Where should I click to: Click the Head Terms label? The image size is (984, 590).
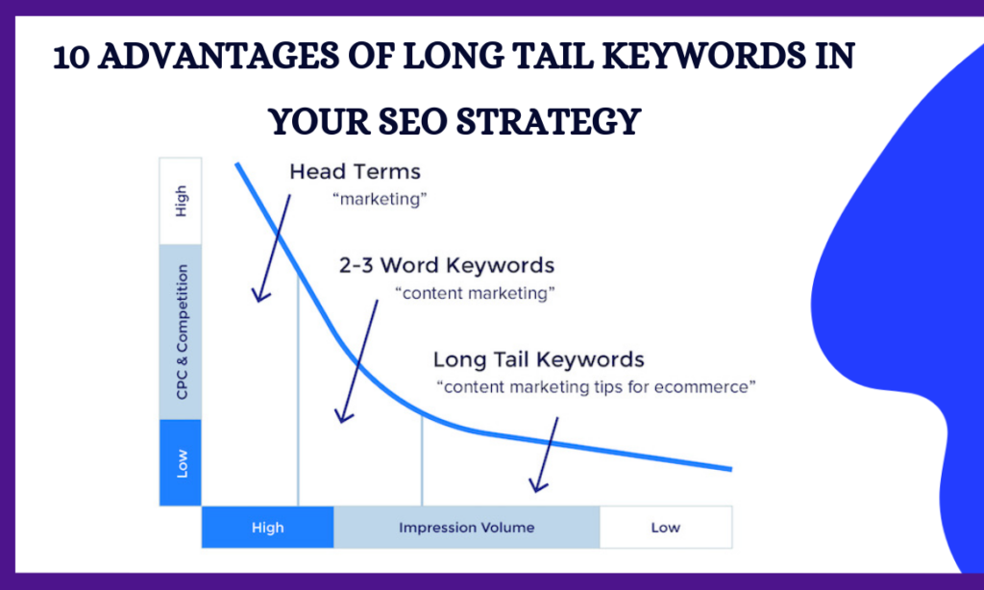pos(355,171)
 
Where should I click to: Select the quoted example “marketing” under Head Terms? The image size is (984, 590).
pos(380,199)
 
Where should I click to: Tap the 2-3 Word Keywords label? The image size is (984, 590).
pos(446,265)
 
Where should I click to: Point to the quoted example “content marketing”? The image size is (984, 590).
pos(475,293)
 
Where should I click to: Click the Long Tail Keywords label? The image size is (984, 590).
pos(538,359)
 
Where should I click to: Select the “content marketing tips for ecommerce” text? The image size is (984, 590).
pos(596,386)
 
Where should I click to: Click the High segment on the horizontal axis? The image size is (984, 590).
pos(267,528)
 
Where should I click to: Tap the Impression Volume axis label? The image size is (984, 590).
pos(466,528)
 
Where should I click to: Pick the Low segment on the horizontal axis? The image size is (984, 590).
pos(666,528)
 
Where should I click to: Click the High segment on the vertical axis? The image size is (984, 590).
pos(181,201)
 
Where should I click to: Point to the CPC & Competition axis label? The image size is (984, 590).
pos(182,332)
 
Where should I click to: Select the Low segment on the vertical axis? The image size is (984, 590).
pos(181,462)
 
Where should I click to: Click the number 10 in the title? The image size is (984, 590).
pos(71,57)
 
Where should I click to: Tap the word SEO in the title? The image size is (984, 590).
pos(413,122)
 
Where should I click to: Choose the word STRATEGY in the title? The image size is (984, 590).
pos(549,122)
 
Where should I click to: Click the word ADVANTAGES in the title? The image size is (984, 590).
pos(219,56)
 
